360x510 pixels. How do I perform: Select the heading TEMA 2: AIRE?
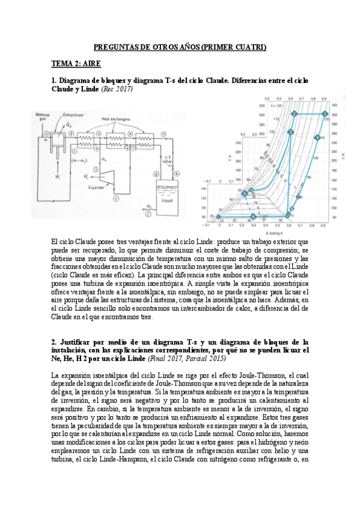[x=76, y=63]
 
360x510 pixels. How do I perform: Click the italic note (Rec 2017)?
[x=117, y=89]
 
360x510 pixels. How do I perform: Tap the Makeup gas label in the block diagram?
[x=43, y=116]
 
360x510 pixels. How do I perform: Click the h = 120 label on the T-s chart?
[x=277, y=106]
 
